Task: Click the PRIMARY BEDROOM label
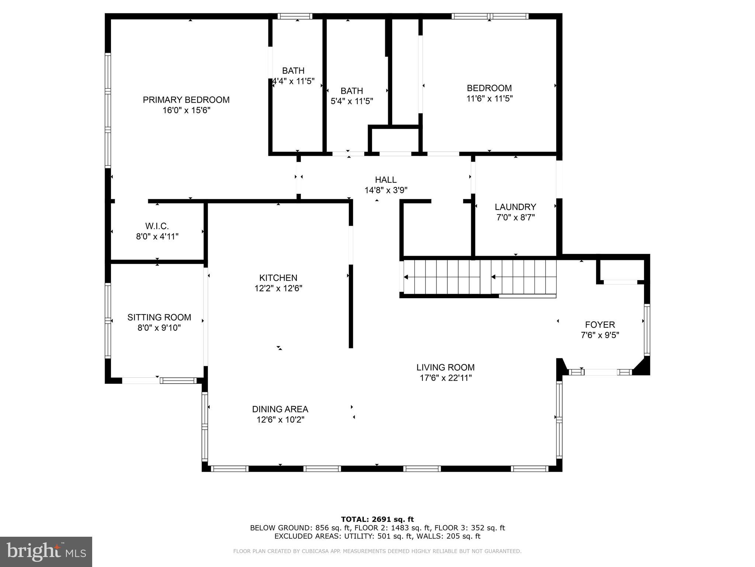tap(186, 100)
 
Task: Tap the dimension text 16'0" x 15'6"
tap(186, 110)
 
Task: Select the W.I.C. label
tap(157, 226)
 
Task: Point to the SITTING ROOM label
tap(159, 317)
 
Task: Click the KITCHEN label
tap(278, 278)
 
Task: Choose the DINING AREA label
tap(280, 409)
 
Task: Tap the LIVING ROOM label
tap(445, 367)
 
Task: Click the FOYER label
tap(600, 324)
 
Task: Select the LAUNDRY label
tap(515, 207)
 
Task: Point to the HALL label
tap(386, 180)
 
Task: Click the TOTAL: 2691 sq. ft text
tap(377, 519)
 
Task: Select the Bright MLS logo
tap(46, 551)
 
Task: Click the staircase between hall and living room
tap(479, 277)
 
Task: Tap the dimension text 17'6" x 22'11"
tap(445, 378)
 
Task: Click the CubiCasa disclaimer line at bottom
tap(377, 551)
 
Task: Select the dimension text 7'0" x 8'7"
tap(515, 217)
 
